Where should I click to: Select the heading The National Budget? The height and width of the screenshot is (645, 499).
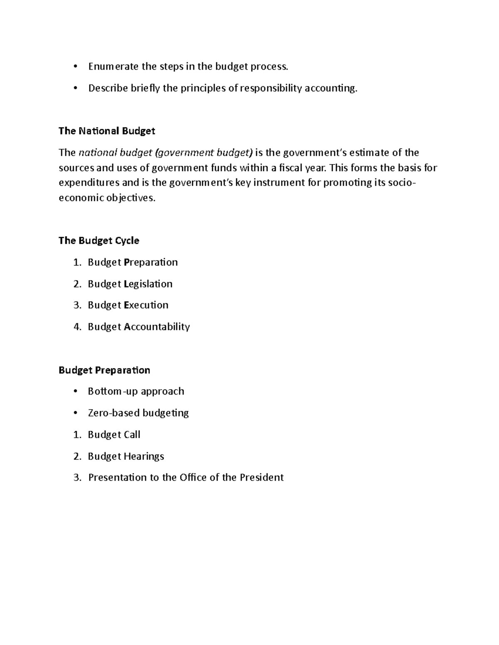tap(107, 131)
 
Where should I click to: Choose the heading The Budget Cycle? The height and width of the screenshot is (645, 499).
tap(99, 241)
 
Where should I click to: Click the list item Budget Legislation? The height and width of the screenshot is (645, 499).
tap(130, 284)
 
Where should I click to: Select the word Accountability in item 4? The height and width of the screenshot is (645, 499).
tap(157, 327)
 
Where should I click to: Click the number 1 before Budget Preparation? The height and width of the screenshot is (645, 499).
tap(76, 262)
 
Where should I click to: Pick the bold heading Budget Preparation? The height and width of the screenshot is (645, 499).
tap(104, 370)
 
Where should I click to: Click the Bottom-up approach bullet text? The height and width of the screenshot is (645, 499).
tap(136, 391)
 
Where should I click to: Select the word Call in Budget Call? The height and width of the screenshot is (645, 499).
tap(132, 434)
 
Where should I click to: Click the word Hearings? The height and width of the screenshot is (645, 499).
tap(144, 456)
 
